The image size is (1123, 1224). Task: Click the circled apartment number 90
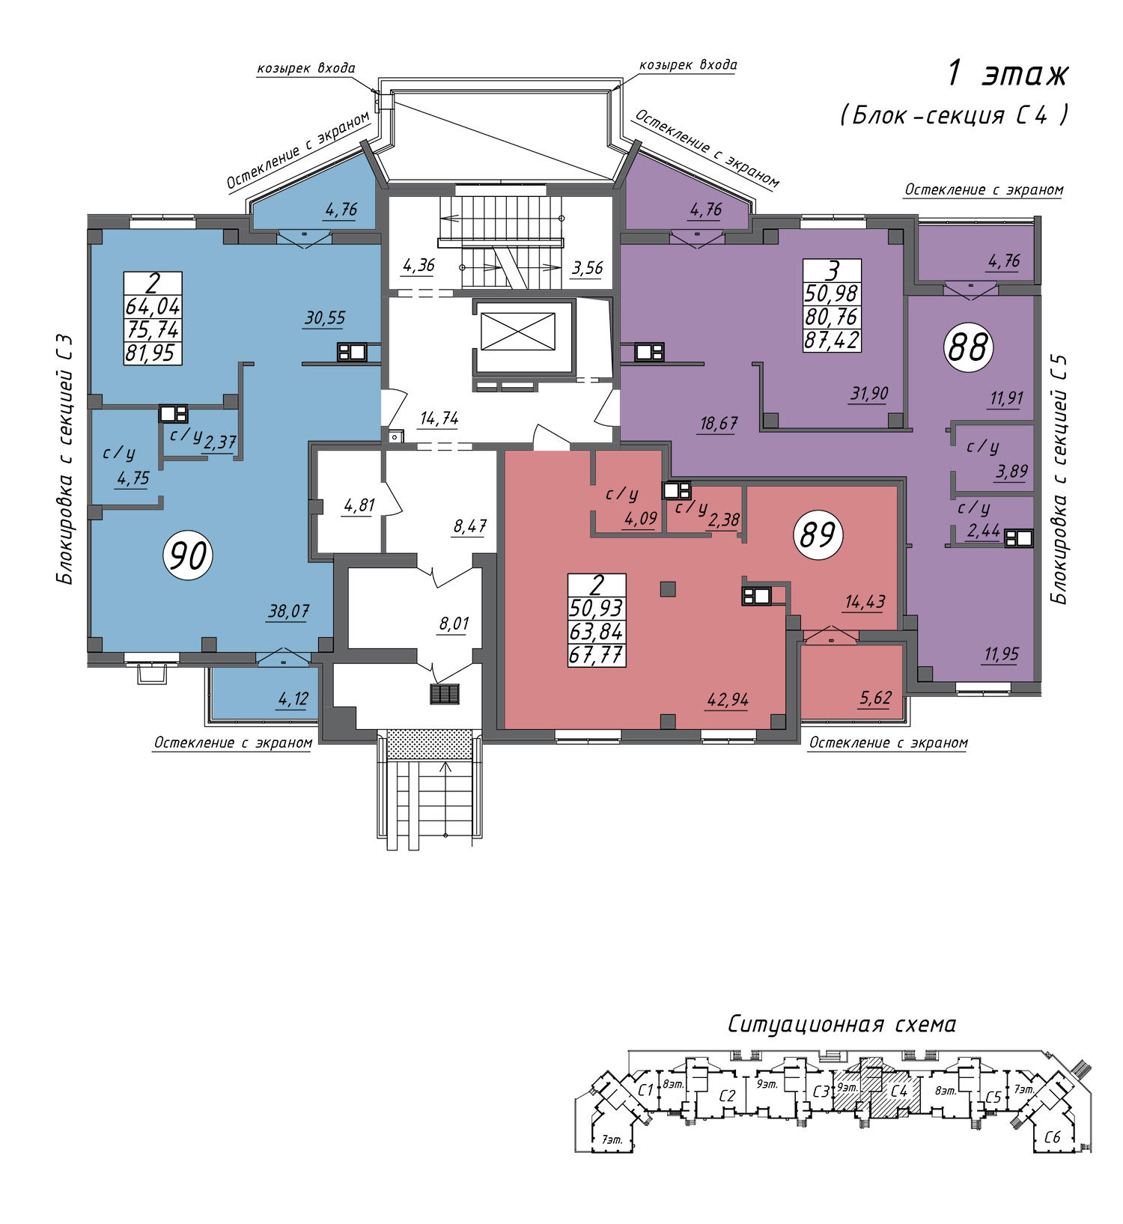click(188, 555)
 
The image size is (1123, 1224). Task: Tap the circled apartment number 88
click(968, 347)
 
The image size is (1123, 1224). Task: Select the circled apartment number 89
click(818, 535)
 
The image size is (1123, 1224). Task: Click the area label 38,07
click(288, 612)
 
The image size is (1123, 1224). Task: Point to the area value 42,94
click(728, 700)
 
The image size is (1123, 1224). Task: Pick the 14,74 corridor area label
click(439, 418)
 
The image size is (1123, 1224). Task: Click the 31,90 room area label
click(869, 393)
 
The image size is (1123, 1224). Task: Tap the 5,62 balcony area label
click(875, 698)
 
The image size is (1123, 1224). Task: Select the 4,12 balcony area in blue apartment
click(293, 699)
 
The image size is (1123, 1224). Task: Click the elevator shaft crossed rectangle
click(518, 332)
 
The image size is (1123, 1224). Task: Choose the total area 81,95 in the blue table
click(153, 353)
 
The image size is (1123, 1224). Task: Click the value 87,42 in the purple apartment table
click(832, 341)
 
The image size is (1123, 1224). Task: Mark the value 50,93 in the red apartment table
click(596, 608)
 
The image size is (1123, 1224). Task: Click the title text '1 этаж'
click(1008, 73)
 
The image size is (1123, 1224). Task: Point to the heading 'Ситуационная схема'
click(842, 1024)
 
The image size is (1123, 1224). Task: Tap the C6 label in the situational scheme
click(1052, 1137)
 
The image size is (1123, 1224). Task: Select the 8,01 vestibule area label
click(454, 624)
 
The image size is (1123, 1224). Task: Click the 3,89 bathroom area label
click(1011, 472)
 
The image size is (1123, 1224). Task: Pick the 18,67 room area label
click(719, 424)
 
